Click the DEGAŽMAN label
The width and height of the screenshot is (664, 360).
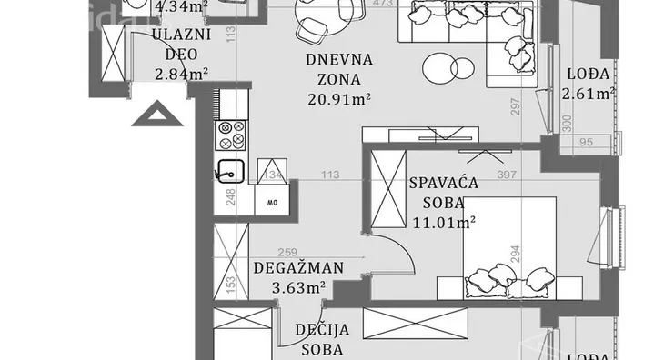click(x=299, y=268)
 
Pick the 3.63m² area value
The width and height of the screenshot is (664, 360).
click(x=299, y=288)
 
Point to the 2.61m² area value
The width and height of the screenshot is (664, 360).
click(x=589, y=93)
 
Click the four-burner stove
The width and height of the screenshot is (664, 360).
click(x=231, y=134)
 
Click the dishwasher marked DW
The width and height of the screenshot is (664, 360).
click(x=270, y=202)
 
